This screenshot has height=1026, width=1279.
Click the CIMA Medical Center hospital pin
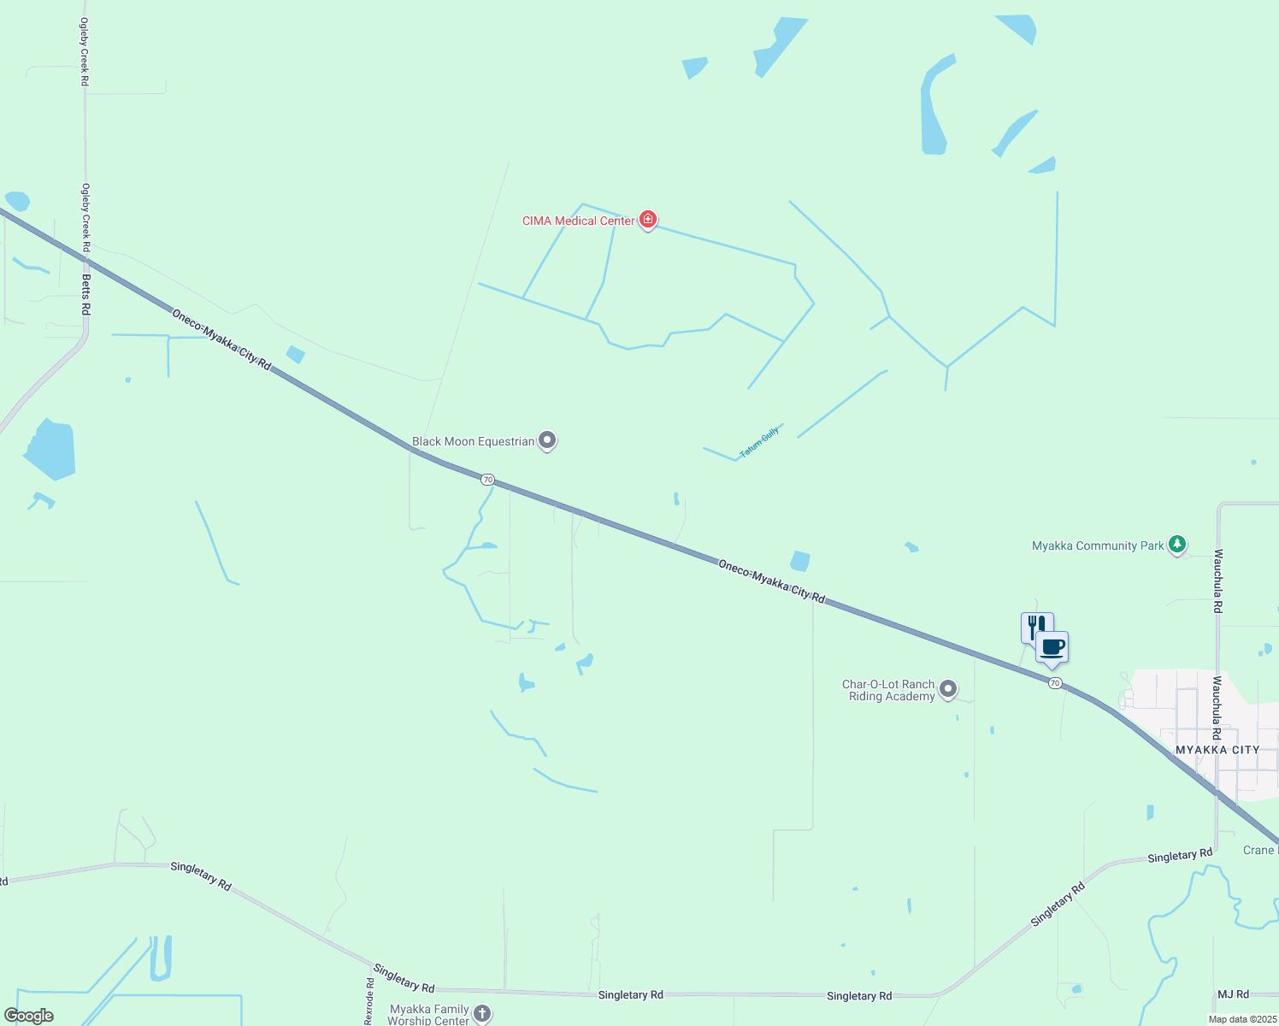coord(648,220)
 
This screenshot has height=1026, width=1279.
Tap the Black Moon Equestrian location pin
coord(547,440)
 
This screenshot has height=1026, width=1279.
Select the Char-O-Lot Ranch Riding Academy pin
coord(947,688)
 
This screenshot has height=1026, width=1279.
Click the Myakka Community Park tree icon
coord(1177,544)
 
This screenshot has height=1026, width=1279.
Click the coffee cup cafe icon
coord(1052,647)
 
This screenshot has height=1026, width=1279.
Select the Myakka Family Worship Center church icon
coord(482,1013)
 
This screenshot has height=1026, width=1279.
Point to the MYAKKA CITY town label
coord(1217,750)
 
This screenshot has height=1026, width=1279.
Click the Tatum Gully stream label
coord(759,442)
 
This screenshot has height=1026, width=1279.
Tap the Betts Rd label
coord(85,294)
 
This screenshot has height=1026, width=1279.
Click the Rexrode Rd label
coord(369,1001)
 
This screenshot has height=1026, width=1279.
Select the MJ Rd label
coord(1233,994)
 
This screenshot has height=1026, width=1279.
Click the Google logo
coord(29,1016)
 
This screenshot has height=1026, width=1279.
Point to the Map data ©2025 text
coord(1242,1019)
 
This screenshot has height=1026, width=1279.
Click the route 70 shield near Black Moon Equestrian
coord(487,480)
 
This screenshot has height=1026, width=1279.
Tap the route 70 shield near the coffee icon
coord(1055,683)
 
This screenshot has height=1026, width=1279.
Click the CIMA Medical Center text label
coord(579,221)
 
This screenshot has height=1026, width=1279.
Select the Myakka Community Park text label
coord(1098,545)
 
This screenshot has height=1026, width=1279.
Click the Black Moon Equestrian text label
coord(473,441)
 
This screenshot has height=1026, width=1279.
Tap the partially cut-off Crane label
coord(1260,850)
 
